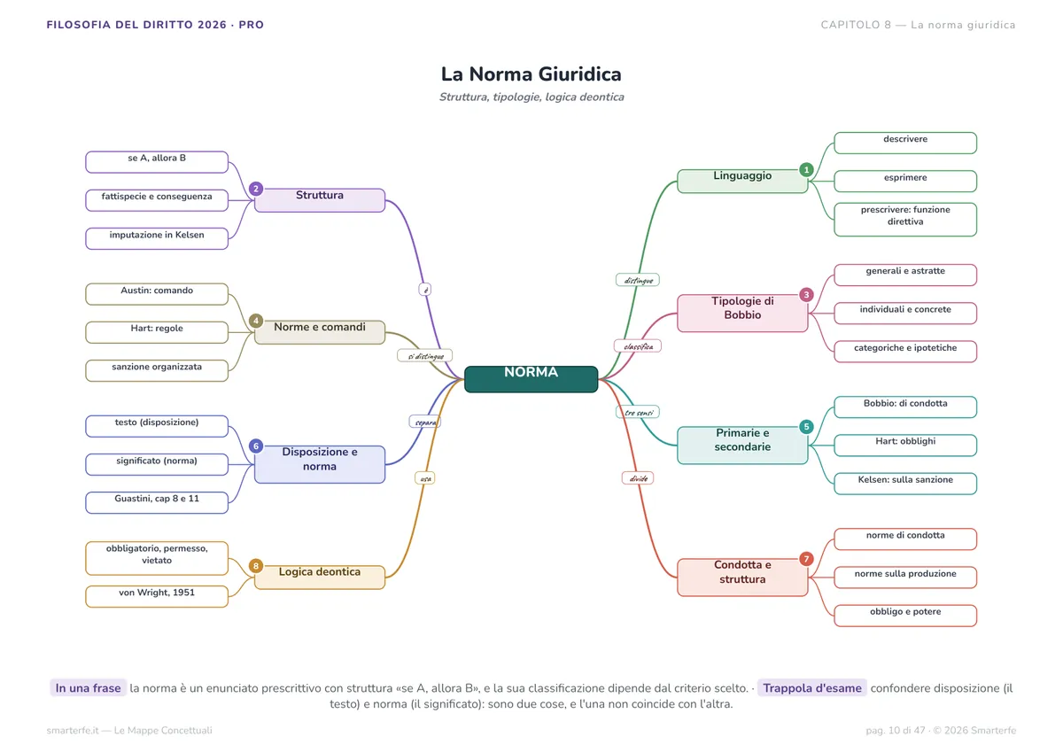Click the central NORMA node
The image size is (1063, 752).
point(531,379)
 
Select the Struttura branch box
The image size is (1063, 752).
point(320,200)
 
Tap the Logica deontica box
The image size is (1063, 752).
point(320,577)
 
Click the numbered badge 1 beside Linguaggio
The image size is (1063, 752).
point(806,169)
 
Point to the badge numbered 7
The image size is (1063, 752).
point(806,559)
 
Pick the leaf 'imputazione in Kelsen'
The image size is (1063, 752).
point(157,238)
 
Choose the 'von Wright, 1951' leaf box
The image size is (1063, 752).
point(157,596)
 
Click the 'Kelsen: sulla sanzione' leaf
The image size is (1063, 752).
point(905,484)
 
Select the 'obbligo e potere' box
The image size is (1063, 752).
point(905,616)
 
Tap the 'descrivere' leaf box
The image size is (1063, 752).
point(905,143)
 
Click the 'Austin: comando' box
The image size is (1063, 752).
point(157,294)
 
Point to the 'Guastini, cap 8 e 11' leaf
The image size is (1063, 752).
point(157,502)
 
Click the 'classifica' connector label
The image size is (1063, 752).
point(637,345)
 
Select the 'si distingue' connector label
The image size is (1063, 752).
point(424,355)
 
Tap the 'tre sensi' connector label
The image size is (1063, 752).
point(637,412)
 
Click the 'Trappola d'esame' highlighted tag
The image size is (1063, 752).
point(812,688)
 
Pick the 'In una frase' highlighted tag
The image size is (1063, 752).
point(89,688)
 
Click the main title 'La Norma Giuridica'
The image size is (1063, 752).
point(531,74)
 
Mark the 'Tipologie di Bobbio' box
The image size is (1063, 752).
point(742,314)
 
